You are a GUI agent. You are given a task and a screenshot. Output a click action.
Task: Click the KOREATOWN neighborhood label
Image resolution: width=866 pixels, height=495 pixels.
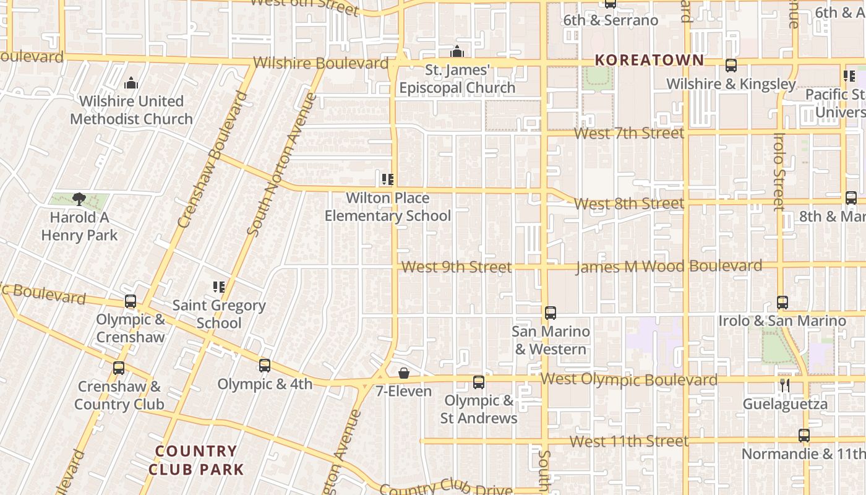649,60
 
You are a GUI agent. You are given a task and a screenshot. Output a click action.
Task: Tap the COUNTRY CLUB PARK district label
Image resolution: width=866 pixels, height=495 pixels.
196,460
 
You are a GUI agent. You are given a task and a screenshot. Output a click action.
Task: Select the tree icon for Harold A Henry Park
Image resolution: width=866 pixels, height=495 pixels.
79,199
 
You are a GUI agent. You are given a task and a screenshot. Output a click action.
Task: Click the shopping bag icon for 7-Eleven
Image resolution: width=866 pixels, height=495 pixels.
404,373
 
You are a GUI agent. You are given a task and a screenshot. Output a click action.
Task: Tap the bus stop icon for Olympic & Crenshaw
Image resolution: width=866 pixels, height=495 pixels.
131,301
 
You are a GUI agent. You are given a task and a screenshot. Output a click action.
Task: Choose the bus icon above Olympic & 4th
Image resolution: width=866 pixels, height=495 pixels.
265,366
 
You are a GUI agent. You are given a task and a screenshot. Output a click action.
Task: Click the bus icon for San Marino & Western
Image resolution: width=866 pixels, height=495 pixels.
551,313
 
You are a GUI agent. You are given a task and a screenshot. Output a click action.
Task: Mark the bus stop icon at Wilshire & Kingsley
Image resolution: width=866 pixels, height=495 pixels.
731,66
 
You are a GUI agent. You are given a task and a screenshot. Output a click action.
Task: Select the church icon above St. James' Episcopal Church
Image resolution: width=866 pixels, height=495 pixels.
457,52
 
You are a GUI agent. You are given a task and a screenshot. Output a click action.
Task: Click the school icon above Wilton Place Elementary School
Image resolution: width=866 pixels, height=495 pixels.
388,180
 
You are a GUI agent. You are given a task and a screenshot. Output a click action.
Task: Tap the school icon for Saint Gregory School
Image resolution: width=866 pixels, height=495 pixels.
219,287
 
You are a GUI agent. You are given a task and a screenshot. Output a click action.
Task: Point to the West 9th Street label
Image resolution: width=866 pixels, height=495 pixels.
457,267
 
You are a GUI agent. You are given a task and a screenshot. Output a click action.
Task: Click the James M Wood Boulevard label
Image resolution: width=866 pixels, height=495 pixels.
669,267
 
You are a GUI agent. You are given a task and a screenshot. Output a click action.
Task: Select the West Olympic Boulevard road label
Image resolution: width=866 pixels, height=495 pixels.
629,379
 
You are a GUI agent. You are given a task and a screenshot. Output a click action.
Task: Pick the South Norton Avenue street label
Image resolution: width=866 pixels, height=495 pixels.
281,165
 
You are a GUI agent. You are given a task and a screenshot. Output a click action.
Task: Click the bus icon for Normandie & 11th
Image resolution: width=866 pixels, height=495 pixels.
804,436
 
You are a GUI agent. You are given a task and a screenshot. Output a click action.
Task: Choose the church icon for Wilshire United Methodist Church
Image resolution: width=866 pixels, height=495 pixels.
131,84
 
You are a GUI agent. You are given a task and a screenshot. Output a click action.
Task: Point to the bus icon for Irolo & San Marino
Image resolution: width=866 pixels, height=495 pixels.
782,303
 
